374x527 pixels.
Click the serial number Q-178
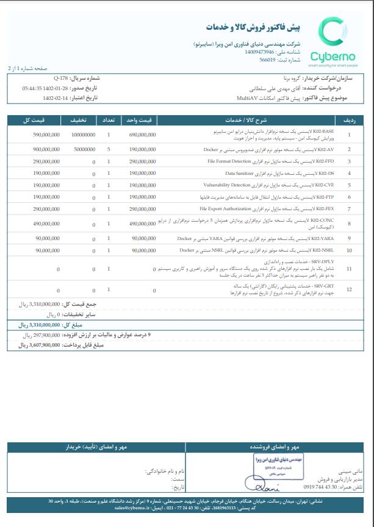point(61,79)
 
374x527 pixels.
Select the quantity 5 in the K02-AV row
point(109,149)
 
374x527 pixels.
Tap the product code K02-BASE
point(323,131)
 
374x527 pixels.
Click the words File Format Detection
point(229,161)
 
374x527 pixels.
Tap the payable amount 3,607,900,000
point(46,345)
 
